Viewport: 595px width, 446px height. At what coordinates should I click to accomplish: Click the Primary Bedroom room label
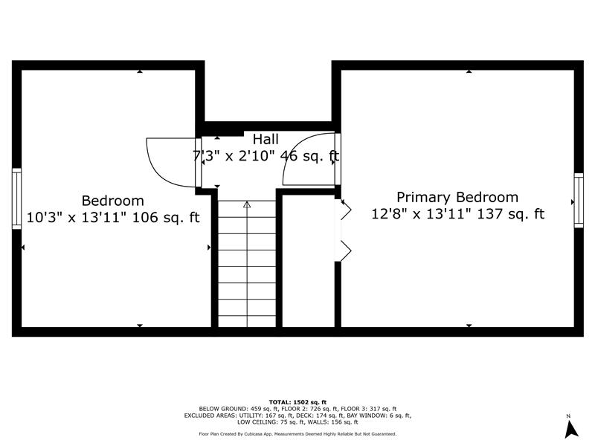(457, 198)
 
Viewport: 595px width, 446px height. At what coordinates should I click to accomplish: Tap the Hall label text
(266, 139)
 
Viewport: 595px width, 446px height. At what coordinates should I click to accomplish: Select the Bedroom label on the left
(113, 201)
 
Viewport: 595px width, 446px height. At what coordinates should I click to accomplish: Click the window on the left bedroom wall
(16, 198)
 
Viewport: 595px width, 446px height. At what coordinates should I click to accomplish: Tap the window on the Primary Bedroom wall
(579, 200)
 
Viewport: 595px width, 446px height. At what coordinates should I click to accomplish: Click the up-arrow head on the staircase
(247, 205)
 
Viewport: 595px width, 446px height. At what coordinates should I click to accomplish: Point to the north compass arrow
(570, 430)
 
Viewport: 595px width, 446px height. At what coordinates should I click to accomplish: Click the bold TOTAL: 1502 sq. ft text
(297, 402)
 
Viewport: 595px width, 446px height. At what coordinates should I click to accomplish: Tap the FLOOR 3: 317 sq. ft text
(368, 409)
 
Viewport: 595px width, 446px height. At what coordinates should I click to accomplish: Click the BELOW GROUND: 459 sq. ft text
(238, 409)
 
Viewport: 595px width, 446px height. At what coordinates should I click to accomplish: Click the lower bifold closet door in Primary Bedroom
(344, 251)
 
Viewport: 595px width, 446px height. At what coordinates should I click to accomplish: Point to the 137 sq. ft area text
(510, 214)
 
